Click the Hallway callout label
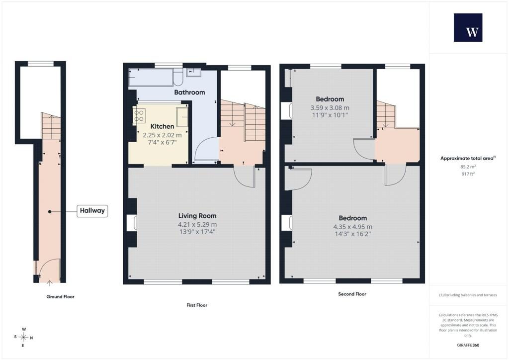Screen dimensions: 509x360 92,211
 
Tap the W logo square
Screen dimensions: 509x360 468,27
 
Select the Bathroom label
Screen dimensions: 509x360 189,92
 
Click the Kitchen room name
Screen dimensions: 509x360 163,126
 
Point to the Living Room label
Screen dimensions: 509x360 197,216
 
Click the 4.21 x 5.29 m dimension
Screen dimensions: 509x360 197,224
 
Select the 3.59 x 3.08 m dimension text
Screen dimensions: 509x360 330,108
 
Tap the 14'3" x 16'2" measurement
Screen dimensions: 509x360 353,234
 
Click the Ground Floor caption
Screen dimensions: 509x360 60,297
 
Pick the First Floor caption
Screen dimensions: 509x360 197,305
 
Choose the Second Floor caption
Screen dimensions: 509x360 352,294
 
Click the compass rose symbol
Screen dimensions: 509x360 24,338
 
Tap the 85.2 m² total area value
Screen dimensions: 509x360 468,167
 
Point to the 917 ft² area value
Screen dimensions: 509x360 468,174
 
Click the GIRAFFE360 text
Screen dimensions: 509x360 468,345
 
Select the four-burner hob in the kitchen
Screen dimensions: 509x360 139,116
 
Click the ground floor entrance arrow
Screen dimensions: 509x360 49,283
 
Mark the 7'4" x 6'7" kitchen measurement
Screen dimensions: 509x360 163,142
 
